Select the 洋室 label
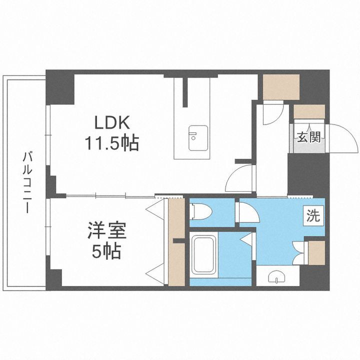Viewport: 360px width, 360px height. tap(106, 232)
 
